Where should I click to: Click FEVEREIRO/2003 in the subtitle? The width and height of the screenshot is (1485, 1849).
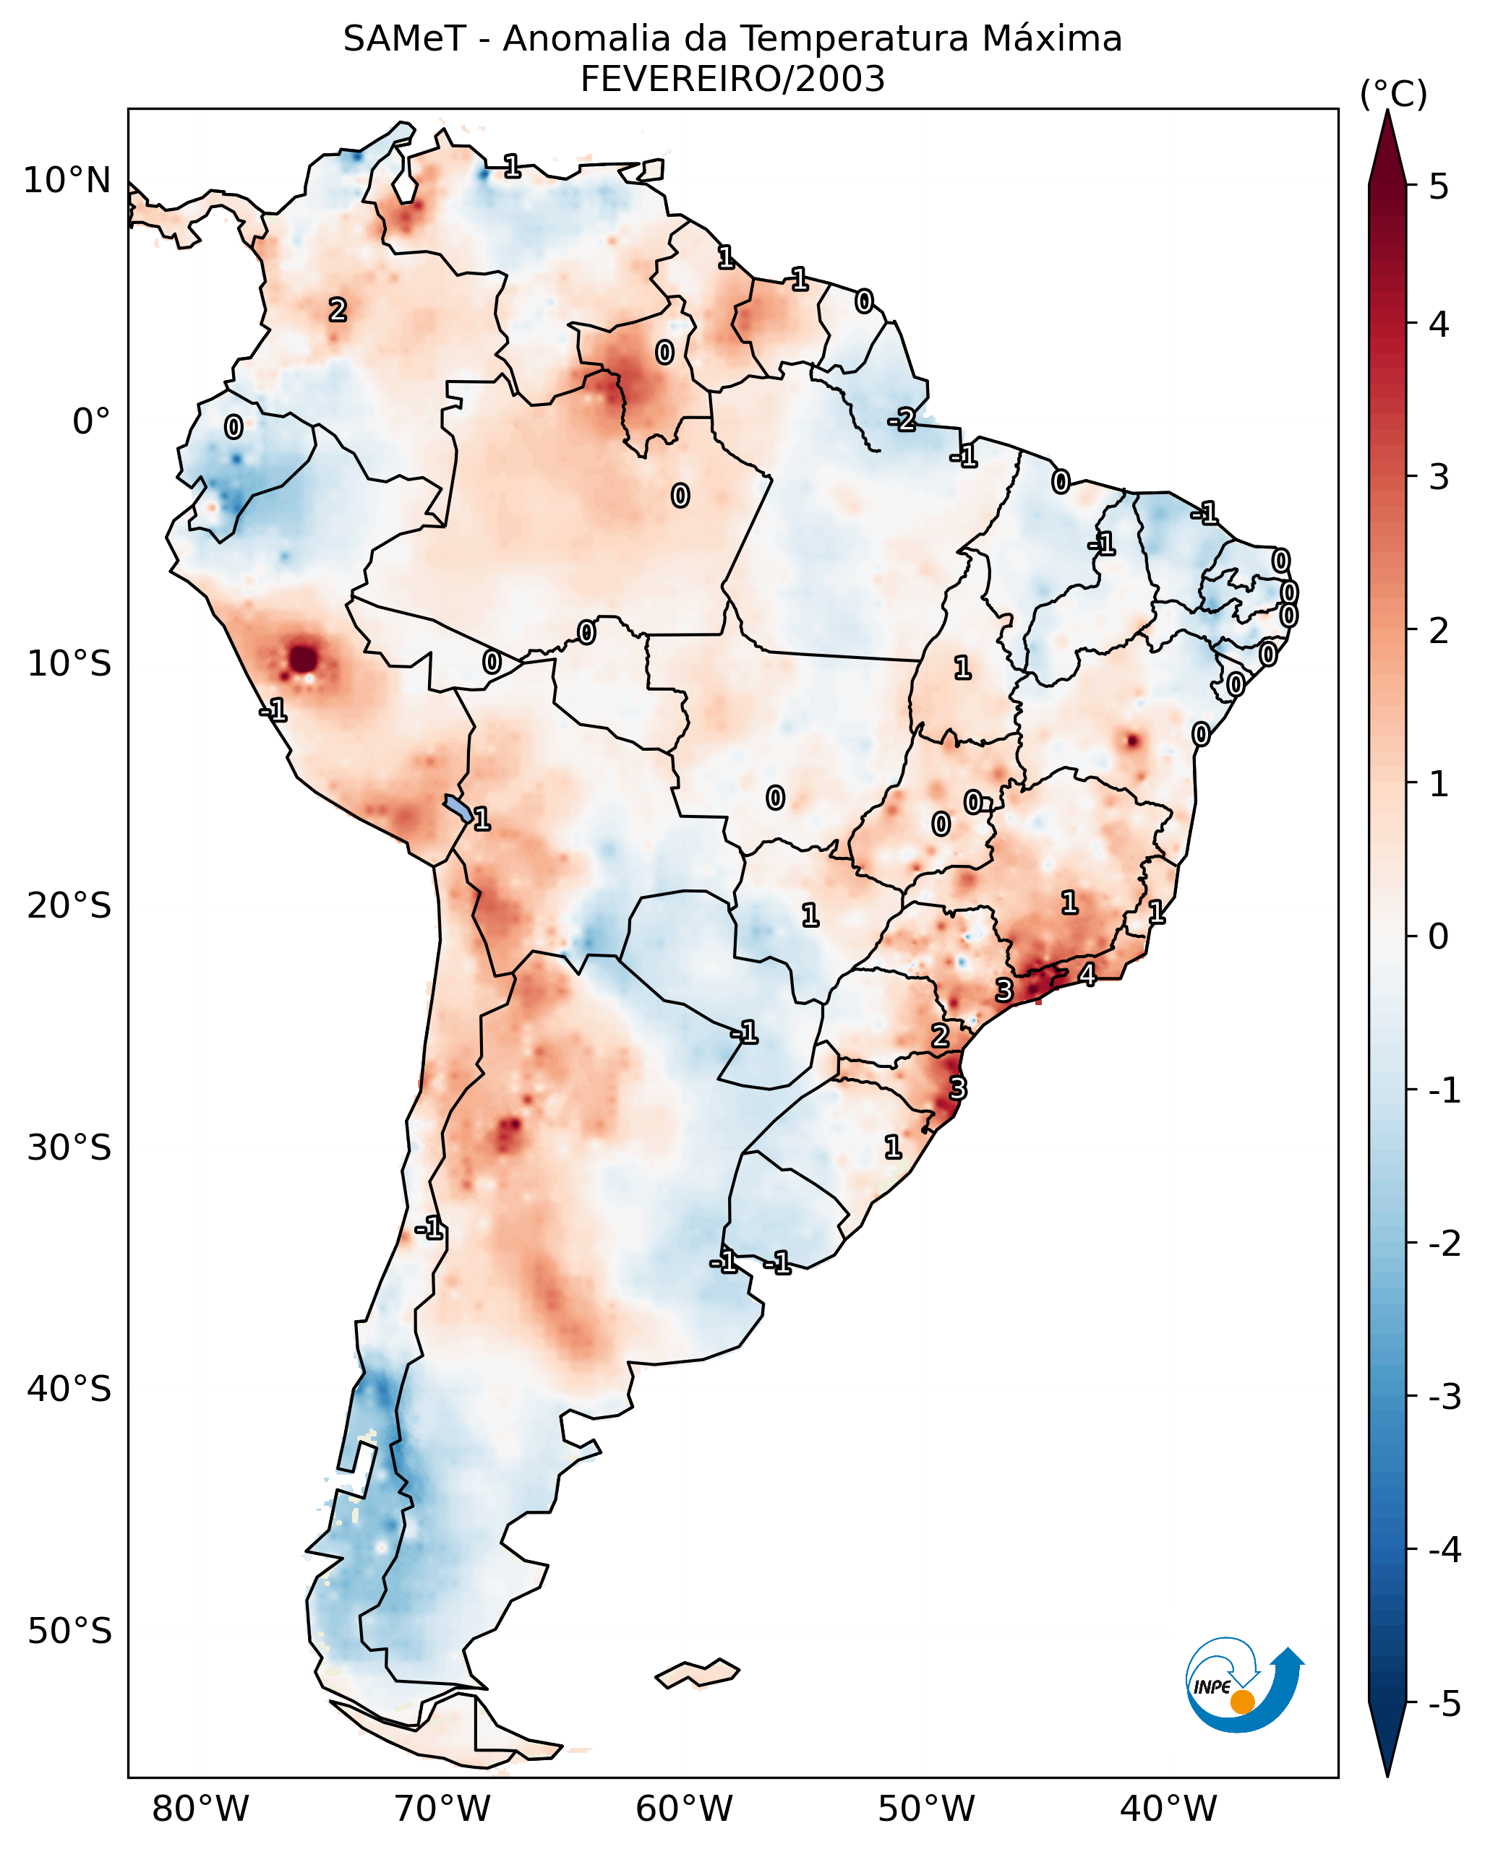[x=732, y=79]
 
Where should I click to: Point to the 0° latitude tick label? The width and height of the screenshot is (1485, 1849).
[x=91, y=422]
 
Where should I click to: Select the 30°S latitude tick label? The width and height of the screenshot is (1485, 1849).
[x=69, y=1147]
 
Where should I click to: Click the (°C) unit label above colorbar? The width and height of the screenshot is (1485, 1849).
[x=1393, y=95]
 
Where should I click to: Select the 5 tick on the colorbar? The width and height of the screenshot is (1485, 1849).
[x=1439, y=186]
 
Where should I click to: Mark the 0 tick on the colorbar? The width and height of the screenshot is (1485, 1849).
[x=1439, y=936]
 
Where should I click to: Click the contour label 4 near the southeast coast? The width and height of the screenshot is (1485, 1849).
[x=1087, y=975]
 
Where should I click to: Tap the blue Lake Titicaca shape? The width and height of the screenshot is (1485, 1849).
[x=457, y=807]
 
